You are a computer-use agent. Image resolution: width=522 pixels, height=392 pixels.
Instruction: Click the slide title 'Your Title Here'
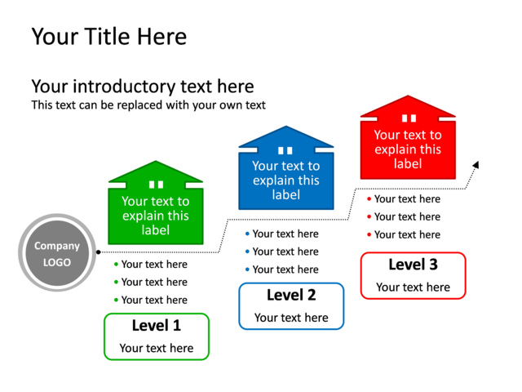point(108,37)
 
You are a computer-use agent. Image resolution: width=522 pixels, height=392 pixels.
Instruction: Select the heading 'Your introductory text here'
point(142,87)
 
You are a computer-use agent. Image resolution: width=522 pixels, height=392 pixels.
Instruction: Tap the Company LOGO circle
point(57,253)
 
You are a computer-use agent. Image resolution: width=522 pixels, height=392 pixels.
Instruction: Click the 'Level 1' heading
point(157,326)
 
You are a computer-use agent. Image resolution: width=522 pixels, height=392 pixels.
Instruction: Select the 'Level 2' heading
point(291,296)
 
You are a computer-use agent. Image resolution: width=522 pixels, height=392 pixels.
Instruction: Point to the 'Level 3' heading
point(413,265)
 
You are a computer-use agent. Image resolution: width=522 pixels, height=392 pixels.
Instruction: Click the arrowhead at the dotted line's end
point(476,165)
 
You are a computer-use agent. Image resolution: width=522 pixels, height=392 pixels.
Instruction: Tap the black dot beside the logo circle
point(99,252)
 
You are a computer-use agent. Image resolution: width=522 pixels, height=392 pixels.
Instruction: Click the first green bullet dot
point(116,265)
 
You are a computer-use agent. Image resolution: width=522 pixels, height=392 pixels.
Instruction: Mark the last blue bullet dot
point(247,269)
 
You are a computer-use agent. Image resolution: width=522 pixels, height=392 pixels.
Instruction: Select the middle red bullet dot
point(369,217)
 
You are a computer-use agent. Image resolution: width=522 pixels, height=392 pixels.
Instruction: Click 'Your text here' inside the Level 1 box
point(157,348)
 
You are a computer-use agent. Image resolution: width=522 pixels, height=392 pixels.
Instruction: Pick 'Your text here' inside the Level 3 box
point(413,287)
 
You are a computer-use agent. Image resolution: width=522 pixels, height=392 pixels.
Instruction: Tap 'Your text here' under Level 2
point(291,318)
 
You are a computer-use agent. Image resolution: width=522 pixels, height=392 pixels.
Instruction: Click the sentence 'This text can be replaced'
point(148,105)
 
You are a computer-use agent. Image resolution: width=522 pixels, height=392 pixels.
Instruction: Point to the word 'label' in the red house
point(408,164)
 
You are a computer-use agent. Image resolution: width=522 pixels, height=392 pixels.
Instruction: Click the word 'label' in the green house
point(156,230)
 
